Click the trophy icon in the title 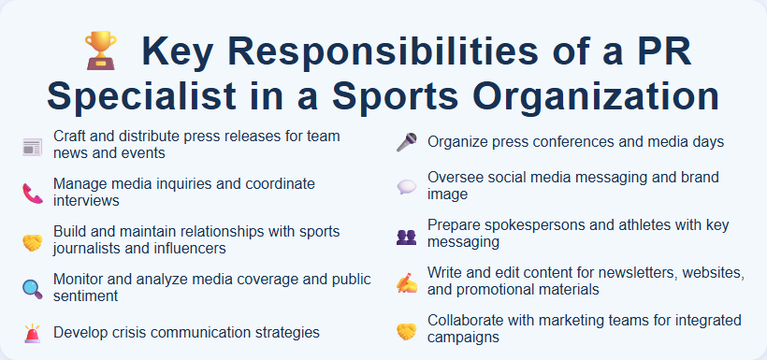[x=100, y=50]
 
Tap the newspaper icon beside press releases [x=32, y=146]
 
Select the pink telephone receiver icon [x=32, y=193]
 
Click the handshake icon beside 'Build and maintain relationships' [x=32, y=240]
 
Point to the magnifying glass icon [x=32, y=288]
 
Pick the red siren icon [x=32, y=333]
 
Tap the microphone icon [x=406, y=142]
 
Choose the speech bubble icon [x=406, y=187]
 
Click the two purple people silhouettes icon [x=406, y=235]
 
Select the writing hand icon [x=406, y=281]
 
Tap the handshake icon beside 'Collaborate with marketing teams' [x=406, y=329]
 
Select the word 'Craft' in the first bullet [x=70, y=137]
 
